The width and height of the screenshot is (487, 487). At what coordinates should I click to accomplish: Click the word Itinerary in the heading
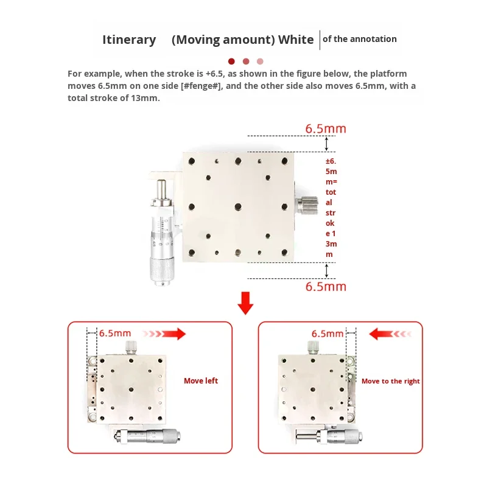point(129,40)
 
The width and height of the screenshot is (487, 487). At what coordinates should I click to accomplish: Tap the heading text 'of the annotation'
point(359,39)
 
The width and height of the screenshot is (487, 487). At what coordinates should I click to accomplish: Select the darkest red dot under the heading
point(231,61)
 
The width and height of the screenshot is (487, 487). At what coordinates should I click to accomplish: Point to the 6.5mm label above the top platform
point(326,128)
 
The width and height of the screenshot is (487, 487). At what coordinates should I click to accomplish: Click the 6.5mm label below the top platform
point(326,286)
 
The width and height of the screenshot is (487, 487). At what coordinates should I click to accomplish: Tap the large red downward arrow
point(245,303)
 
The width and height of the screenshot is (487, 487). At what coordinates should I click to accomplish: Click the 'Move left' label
point(201,381)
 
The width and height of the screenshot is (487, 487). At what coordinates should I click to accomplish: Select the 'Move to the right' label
point(391,381)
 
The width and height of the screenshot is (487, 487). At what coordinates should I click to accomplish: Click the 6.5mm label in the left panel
point(115,334)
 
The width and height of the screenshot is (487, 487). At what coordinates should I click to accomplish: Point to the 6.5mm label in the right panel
point(328,334)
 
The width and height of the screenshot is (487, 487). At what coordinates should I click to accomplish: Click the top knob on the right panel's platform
point(313,348)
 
